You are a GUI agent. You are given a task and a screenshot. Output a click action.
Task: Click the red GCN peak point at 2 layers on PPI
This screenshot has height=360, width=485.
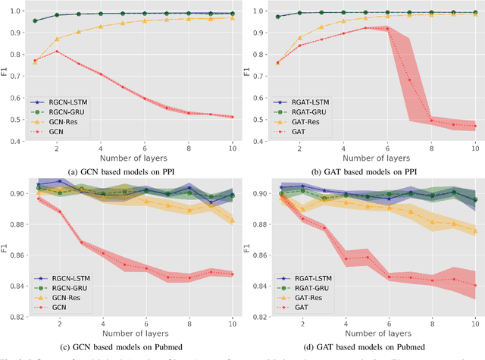[57, 52]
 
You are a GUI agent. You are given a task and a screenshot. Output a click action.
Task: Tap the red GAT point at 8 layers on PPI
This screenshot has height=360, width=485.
[432, 120]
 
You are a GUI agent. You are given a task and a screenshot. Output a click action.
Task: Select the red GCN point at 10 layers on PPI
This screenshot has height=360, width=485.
[233, 117]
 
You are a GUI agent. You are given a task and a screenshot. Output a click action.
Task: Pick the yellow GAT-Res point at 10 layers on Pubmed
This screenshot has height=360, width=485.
[475, 232]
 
